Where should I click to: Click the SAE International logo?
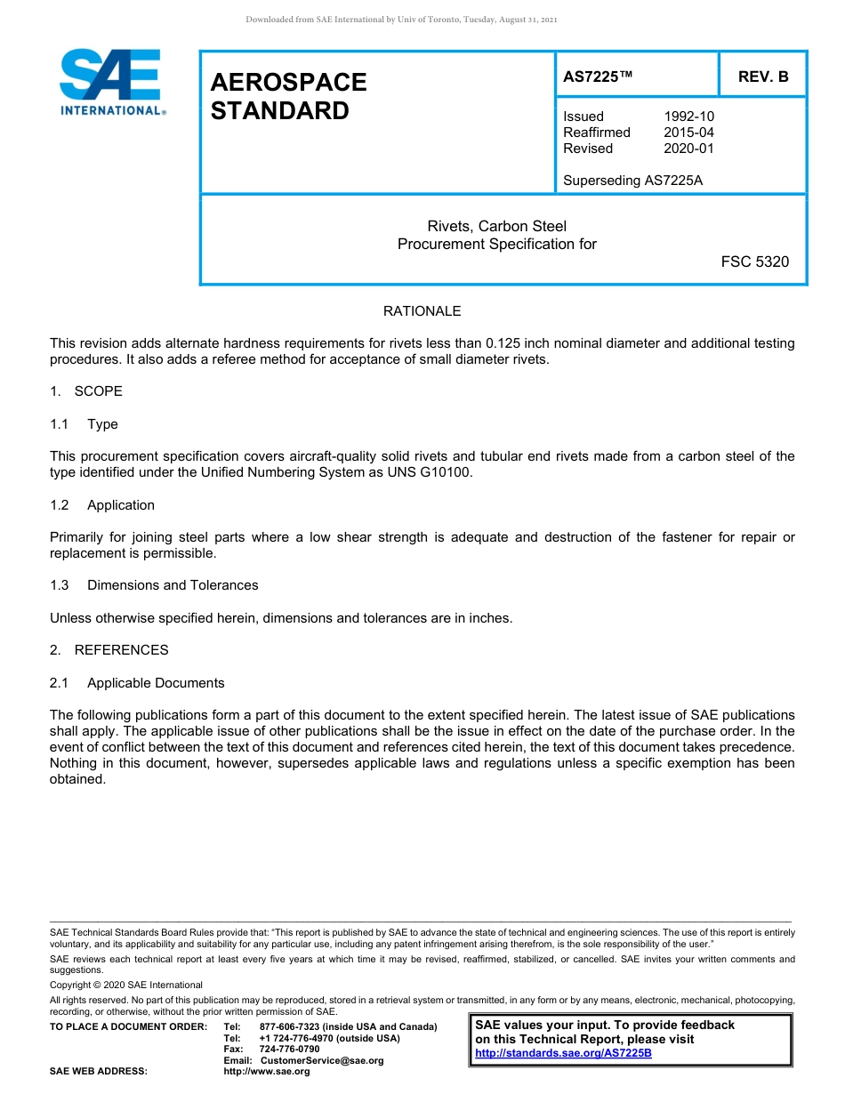tap(110, 82)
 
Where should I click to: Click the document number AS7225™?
tap(598, 76)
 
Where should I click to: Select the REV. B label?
tap(763, 76)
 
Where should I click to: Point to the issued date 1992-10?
tap(688, 117)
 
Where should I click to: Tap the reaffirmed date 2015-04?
tap(688, 133)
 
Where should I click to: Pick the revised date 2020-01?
tap(688, 149)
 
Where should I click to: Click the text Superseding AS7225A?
tap(632, 181)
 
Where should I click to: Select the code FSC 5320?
tap(754, 261)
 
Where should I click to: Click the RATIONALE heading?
tap(422, 311)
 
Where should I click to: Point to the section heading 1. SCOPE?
tap(86, 391)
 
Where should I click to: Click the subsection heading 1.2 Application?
tap(102, 505)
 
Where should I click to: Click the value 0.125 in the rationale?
tap(504, 343)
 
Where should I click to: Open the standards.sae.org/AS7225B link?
tap(563, 1053)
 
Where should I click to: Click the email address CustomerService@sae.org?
tap(322, 1060)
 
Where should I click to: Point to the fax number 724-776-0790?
tap(289, 1050)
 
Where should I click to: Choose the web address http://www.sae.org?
tap(267, 1072)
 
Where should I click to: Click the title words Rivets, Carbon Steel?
tap(496, 227)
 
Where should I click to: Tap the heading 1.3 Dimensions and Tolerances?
tap(155, 585)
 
